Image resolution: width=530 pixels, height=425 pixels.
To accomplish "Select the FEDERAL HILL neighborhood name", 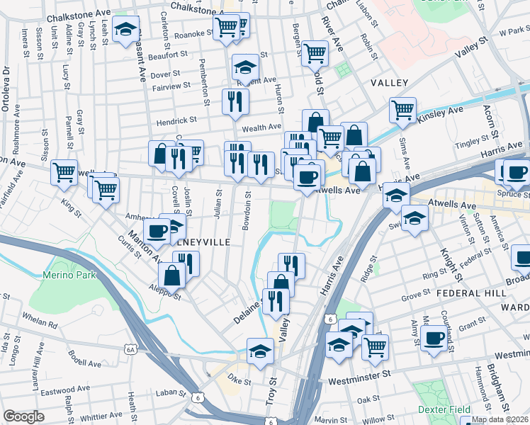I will click(x=471, y=293).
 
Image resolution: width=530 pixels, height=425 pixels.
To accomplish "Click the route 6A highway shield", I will click(x=130, y=349).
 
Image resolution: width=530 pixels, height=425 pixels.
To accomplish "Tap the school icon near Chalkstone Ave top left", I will click(x=125, y=30).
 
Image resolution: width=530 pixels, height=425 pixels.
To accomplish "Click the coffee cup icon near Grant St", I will click(x=434, y=338).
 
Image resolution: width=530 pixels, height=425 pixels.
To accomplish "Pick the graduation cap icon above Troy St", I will click(x=260, y=350).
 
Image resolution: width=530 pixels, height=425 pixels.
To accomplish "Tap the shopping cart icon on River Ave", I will click(x=315, y=52).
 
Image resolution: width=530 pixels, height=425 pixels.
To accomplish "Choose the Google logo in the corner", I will click(x=23, y=416).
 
